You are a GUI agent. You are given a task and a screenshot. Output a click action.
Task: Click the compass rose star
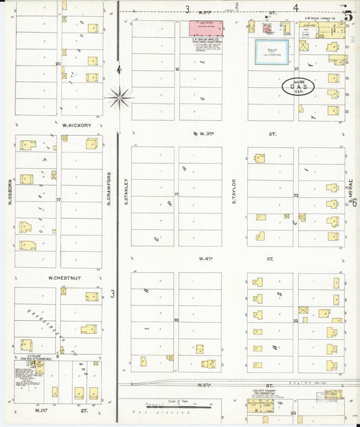[x=120, y=98]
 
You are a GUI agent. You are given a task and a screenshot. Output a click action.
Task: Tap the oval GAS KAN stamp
[x=298, y=87]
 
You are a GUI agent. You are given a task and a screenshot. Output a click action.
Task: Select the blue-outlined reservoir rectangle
[x=271, y=52]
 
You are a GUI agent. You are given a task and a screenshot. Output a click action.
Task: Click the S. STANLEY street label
[x=126, y=190]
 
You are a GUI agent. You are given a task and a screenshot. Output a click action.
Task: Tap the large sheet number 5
[x=347, y=16]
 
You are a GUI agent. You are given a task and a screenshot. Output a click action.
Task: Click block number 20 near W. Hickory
[x=58, y=64]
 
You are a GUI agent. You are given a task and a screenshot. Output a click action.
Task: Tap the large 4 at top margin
[x=295, y=9]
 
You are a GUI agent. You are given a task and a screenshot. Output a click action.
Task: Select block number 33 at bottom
[x=293, y=412]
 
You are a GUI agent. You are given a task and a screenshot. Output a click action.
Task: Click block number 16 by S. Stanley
[x=177, y=69]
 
